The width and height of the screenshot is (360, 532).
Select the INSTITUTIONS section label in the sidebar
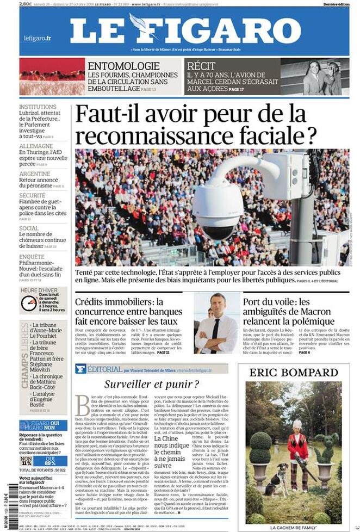38,107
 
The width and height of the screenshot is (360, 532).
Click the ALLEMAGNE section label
36,146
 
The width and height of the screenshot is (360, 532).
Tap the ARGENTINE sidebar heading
35,174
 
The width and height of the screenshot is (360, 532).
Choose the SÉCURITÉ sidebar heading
33,195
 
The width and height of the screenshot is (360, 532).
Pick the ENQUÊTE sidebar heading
32,256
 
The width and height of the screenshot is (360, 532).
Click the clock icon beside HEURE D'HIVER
28,303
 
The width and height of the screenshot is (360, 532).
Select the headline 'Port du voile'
275,301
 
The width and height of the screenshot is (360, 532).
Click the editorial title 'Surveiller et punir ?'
152,384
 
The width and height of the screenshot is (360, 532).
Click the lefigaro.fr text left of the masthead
38,38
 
